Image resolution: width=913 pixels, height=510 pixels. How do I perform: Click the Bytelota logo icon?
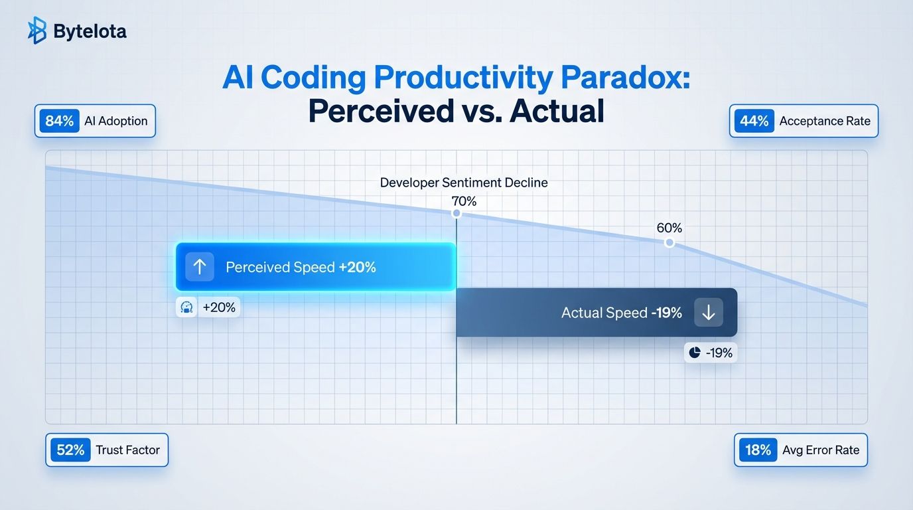[36, 30]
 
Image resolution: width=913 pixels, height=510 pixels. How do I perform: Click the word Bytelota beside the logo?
[90, 31]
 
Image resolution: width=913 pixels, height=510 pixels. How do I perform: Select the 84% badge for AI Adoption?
[59, 121]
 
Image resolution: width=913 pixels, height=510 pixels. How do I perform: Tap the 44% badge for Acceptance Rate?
[754, 121]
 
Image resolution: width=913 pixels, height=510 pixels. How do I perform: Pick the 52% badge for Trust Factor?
[70, 450]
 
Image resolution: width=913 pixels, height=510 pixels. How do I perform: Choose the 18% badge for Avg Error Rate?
[758, 450]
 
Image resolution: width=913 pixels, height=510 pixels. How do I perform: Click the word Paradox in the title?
[626, 77]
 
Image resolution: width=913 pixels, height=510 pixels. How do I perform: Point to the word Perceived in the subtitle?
[381, 111]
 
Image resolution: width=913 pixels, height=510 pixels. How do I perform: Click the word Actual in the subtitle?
[557, 111]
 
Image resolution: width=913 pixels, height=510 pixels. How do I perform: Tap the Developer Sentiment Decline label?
[464, 183]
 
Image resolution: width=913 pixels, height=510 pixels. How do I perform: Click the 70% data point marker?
[456, 213]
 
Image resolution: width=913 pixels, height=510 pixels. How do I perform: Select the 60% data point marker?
[669, 243]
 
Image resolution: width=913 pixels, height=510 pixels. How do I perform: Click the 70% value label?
[464, 201]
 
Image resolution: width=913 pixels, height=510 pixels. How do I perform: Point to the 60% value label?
[669, 228]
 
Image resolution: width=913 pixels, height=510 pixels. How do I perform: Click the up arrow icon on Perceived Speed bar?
[200, 267]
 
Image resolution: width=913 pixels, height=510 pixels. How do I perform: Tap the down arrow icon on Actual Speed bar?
[709, 313]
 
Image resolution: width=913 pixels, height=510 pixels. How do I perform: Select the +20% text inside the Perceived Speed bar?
[358, 267]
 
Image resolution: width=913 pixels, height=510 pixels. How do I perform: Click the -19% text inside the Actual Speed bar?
[666, 313]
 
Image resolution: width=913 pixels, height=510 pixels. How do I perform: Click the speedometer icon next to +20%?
[186, 307]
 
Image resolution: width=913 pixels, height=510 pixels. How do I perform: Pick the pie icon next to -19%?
[695, 352]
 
